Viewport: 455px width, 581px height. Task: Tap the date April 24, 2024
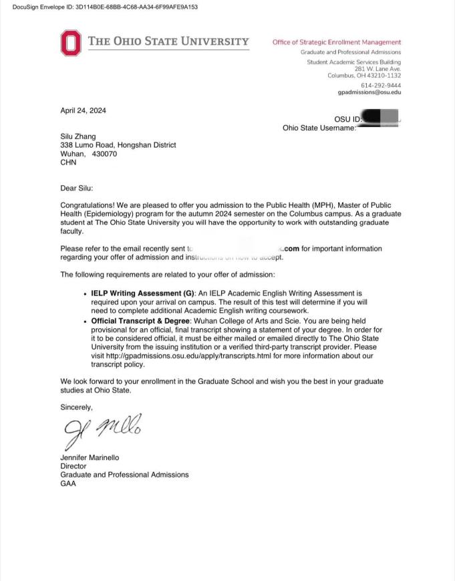[83, 111]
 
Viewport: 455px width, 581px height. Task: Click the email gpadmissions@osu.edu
[369, 93]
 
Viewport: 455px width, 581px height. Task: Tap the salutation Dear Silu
[77, 189]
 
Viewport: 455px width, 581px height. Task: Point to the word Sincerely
[76, 407]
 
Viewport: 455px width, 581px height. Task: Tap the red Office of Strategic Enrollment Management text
[337, 42]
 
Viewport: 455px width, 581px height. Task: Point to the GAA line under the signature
[68, 483]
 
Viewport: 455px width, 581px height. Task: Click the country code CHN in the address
[68, 162]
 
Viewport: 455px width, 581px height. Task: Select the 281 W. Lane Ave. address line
[377, 69]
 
